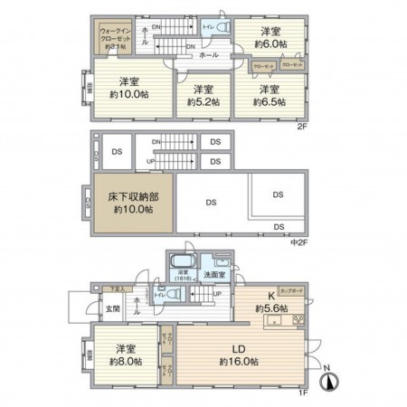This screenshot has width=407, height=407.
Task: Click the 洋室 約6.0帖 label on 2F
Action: click(x=270, y=36)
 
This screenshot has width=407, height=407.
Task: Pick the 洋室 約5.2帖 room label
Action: click(x=204, y=96)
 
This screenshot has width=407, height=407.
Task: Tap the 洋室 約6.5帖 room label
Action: click(x=269, y=96)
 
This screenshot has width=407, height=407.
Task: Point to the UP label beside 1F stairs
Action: click(x=217, y=294)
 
